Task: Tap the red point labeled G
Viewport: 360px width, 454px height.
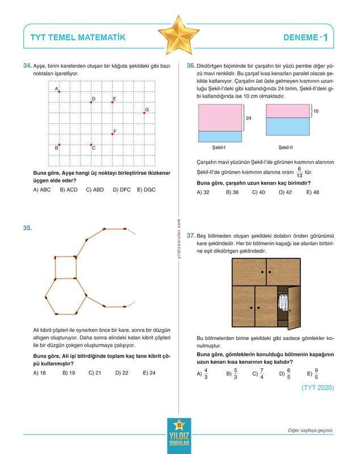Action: coord(144,113)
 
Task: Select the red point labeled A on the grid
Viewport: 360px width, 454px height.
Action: coord(59,91)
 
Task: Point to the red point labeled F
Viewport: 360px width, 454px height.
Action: coord(112,134)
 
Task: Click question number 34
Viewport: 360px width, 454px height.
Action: coord(27,66)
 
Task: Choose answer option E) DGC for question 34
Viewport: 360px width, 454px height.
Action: coord(146,190)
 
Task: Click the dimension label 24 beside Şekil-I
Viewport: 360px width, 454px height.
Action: coord(249,118)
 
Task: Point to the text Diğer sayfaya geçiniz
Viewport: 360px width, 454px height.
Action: coord(310,431)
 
